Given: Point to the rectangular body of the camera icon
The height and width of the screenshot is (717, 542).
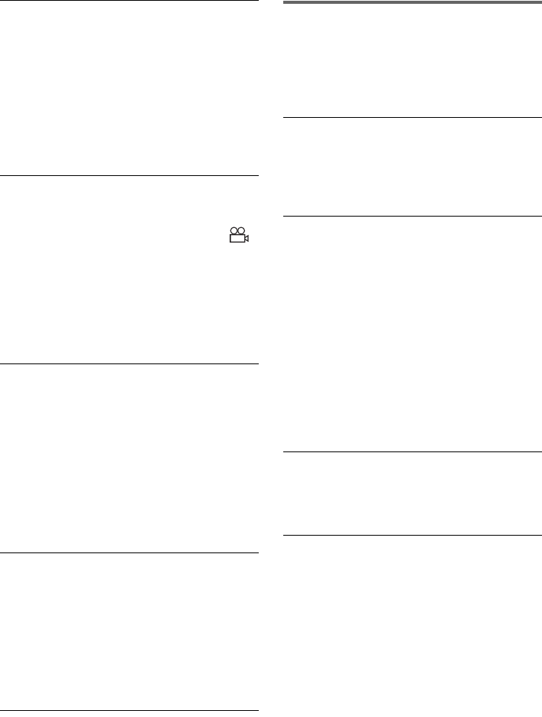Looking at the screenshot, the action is point(237,239).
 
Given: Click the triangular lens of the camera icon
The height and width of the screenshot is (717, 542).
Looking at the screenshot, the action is point(247,239).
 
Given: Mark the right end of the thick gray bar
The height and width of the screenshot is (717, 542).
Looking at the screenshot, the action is point(538,3).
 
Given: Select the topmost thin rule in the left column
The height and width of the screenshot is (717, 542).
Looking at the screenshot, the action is point(128,2).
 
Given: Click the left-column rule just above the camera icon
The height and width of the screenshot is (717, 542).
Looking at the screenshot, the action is point(128,176).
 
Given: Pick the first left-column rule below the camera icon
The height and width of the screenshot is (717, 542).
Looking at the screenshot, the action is point(128,363).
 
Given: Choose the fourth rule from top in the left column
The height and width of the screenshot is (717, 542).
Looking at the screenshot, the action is point(128,552).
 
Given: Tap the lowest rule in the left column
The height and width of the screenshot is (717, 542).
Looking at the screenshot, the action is point(128,712).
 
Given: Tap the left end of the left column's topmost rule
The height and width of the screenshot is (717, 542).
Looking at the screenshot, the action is point(2,2).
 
